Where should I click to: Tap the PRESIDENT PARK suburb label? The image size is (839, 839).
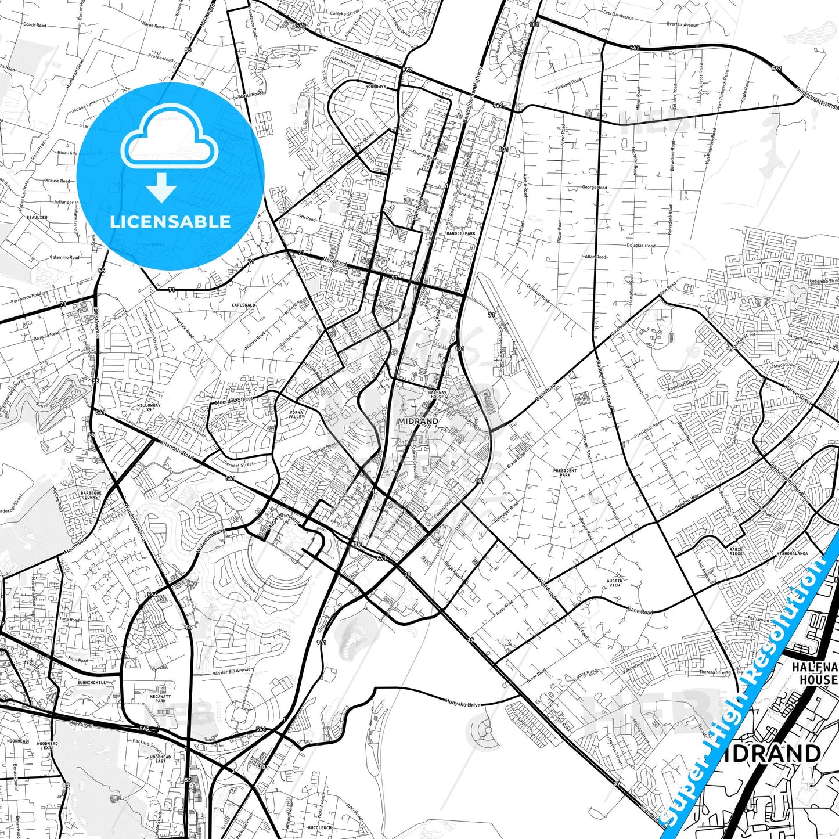tap(565, 473)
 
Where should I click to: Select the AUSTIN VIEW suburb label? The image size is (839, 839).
tap(614, 583)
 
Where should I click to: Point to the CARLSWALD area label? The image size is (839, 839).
tap(243, 305)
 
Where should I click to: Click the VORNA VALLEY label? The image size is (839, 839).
tap(296, 415)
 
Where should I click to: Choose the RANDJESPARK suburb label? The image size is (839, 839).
tap(461, 233)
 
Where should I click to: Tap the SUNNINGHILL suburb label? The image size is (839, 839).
tap(92, 683)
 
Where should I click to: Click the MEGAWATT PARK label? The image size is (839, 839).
tap(160, 698)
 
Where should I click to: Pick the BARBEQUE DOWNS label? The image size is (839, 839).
tap(91, 495)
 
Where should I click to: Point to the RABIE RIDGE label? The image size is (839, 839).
tap(736, 552)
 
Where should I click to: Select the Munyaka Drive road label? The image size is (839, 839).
tap(462, 704)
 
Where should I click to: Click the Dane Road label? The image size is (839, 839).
tap(640, 611)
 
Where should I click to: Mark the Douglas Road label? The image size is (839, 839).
tap(640, 246)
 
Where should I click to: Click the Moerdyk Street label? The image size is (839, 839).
tap(233, 400)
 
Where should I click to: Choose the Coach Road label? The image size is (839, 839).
tap(34, 25)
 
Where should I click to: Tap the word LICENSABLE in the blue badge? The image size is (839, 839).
tap(170, 222)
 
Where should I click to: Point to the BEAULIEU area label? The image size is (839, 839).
tap(37, 217)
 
